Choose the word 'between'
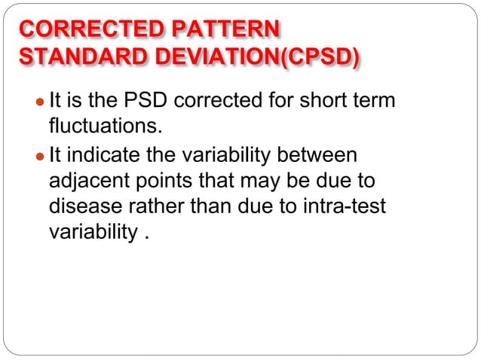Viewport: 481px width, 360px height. [320, 155]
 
